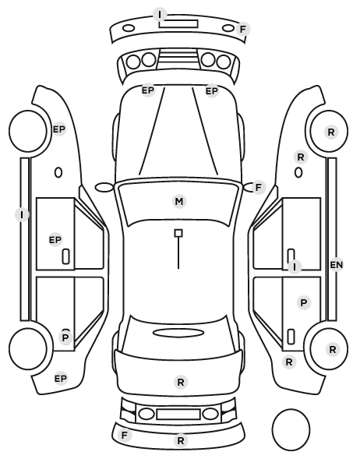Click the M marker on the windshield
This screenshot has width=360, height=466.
coord(179,202)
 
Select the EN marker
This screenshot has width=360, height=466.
coord(336,264)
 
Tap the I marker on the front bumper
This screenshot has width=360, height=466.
coord(160,14)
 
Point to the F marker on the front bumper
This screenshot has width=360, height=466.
coord(243,30)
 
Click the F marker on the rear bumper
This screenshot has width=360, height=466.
coord(125,435)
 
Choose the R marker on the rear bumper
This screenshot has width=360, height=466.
coord(181,441)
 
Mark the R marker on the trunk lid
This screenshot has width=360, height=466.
coord(181,382)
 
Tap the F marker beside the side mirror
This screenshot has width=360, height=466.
coord(258,188)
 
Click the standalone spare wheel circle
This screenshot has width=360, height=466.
coord(291,429)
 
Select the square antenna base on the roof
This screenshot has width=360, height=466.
coord(178,233)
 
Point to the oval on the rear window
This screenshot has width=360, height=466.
coord(178,333)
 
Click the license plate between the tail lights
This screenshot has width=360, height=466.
coord(178,415)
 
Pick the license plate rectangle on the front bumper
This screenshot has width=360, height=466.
coord(178,23)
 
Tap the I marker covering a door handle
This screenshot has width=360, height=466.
coord(295,267)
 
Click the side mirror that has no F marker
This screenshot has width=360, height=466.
coord(104,188)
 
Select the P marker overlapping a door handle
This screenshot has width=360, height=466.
coord(65,337)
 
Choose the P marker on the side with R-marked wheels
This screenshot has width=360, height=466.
coord(304,303)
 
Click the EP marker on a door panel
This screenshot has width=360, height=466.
coord(55,240)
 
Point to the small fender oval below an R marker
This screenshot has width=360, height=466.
coord(298,173)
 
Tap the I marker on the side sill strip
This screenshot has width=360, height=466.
coord(22,214)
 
